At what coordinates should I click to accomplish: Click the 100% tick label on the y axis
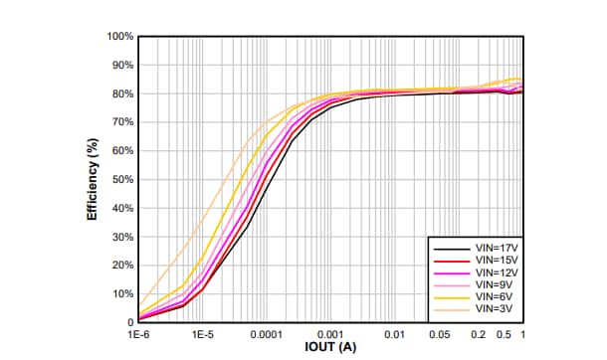coord(120,37)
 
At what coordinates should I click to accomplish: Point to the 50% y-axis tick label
coord(122,180)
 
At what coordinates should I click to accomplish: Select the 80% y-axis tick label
coord(122,94)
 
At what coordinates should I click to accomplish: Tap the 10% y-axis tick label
coord(122,294)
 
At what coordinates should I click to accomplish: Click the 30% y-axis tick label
coord(122,238)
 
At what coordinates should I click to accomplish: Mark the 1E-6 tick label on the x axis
coord(139,335)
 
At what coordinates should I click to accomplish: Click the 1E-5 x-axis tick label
coord(203,335)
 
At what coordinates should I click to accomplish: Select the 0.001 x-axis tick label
coord(331,335)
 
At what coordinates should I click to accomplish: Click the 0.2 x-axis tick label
coord(479,335)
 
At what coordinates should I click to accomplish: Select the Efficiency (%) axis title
coord(92,180)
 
